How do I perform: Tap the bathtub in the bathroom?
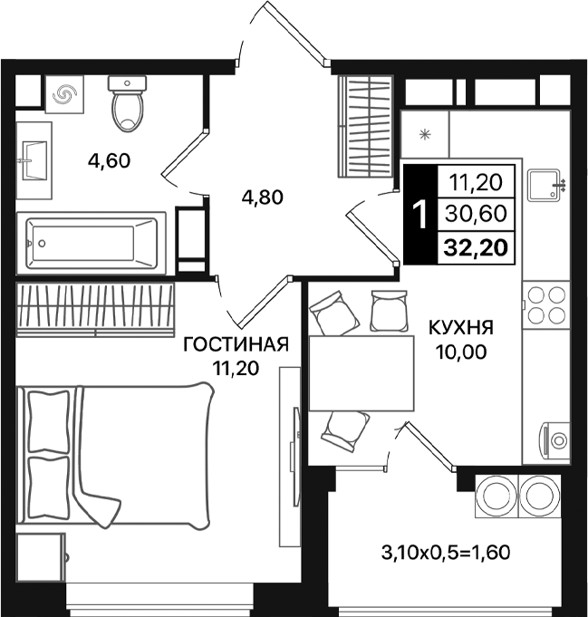91,240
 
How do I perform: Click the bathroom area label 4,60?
109,161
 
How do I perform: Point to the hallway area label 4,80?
262,196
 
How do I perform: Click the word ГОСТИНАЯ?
236,344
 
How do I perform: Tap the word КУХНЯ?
461,327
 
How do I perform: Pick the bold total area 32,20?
475,245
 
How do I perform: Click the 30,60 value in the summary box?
475,214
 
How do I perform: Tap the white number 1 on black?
419,215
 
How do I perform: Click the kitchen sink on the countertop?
546,185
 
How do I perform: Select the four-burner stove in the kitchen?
546,304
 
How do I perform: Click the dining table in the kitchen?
360,372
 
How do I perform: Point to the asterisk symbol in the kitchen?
425,134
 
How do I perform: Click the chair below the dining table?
345,429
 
